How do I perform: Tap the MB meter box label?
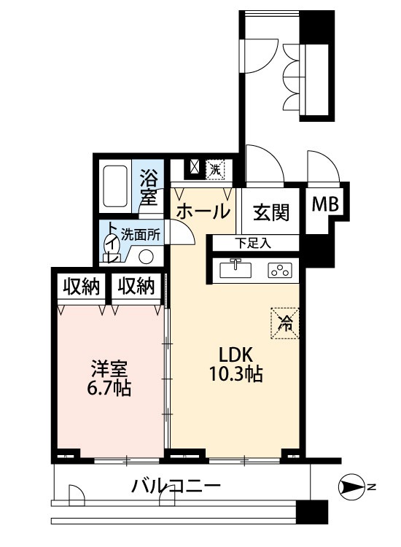tap(325, 204)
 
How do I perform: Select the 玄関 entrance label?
tap(271, 212)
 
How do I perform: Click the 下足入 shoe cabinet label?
tap(253, 243)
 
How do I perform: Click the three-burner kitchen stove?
tap(280, 271)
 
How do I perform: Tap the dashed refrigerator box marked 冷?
tap(285, 323)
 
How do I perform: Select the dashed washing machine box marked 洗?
tap(214, 169)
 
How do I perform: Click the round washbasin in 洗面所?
tap(146, 257)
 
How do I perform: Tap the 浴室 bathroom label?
tap(148, 187)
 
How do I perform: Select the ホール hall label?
tap(203, 212)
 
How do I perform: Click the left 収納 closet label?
tap(81, 287)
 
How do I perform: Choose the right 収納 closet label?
tap(136, 287)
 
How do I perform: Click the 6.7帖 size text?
tap(109, 388)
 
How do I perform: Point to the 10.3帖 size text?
tap(235, 374)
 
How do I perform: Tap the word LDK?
tap(235, 354)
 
